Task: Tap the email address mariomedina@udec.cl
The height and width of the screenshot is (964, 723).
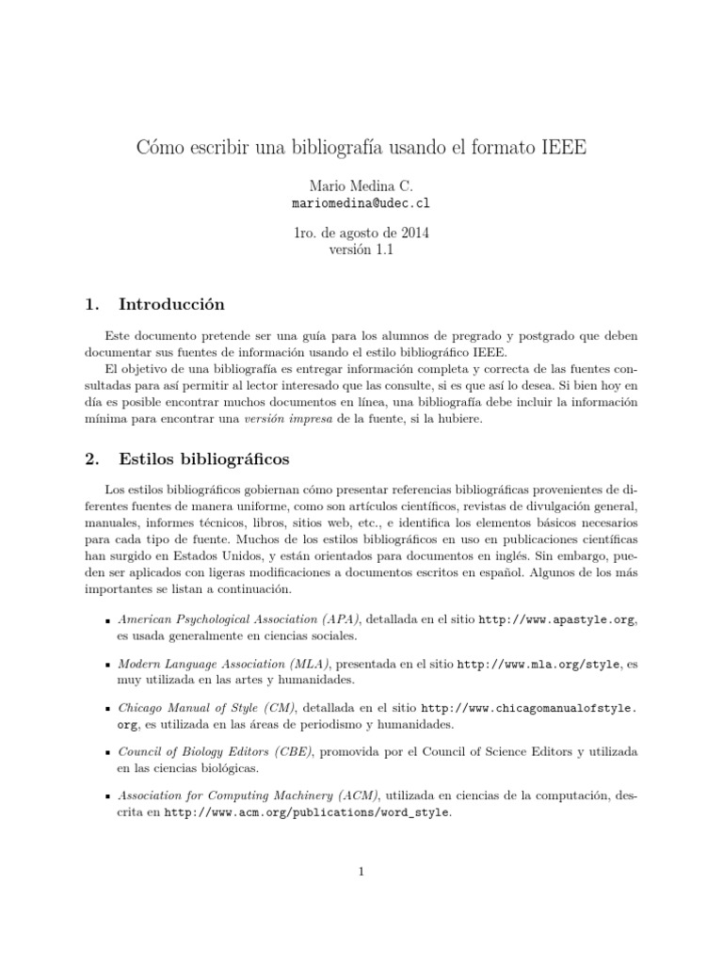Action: (361, 202)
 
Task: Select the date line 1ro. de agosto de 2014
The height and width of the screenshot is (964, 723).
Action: (361, 233)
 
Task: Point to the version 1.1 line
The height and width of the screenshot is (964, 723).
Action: (361, 249)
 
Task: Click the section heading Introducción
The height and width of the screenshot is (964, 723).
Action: (171, 304)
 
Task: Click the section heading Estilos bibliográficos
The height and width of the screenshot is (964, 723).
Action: (204, 459)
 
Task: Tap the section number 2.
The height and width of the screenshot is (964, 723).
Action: (91, 459)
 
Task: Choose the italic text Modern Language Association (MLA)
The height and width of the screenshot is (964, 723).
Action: (224, 664)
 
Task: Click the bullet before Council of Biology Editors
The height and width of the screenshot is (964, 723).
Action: (108, 752)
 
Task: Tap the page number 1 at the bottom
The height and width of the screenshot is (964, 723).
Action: (361, 872)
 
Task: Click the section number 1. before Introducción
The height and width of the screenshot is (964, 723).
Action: (91, 304)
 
